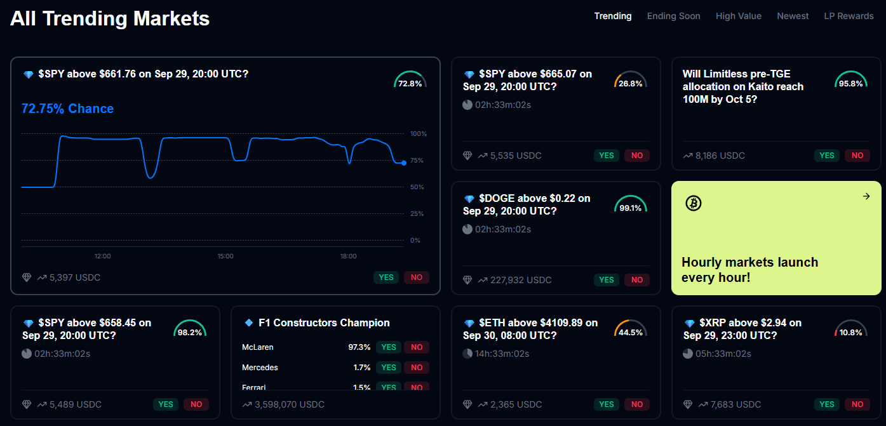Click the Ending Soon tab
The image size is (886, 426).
(673, 16)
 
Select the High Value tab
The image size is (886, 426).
(738, 16)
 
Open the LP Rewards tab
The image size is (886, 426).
(849, 16)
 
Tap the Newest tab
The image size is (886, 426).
(793, 16)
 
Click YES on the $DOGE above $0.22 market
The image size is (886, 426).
(607, 280)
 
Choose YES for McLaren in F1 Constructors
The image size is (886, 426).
(389, 347)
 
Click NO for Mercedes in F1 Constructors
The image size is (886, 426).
(417, 368)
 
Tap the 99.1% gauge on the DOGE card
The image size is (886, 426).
(630, 205)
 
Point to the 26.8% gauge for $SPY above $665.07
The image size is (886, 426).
(630, 81)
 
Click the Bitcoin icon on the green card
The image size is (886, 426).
(693, 203)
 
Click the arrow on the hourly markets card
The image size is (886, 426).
(866, 196)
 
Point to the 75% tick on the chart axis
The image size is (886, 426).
(417, 161)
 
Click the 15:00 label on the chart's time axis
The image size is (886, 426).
(225, 256)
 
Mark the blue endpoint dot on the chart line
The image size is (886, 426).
(404, 163)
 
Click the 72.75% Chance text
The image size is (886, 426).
(67, 109)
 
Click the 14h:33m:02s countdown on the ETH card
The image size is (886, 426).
(502, 354)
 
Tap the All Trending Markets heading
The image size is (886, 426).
(110, 18)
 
